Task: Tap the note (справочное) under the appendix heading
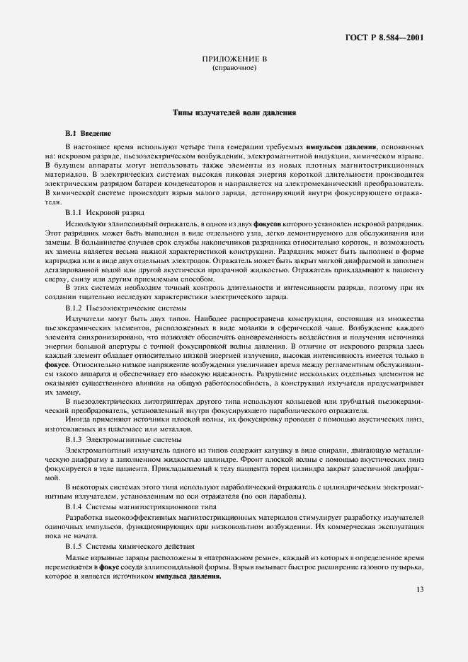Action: point(234,69)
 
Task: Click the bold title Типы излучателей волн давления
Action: point(234,112)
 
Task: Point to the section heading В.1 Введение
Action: point(88,133)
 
